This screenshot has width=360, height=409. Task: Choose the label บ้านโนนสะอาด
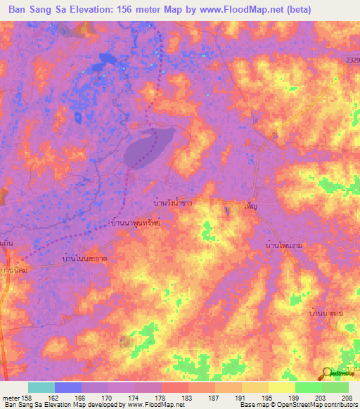coord(84,259)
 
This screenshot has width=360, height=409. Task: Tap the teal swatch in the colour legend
coord(41,387)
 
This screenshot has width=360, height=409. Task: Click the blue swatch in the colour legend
coord(68,387)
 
